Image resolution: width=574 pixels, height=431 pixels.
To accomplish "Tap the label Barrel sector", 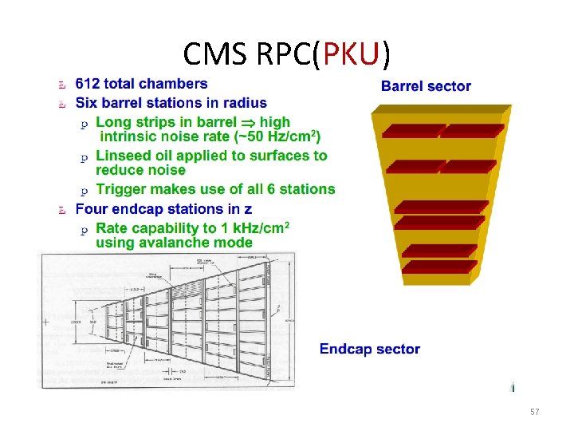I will tap(426, 86).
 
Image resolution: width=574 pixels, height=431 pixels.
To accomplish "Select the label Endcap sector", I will tap(370, 349).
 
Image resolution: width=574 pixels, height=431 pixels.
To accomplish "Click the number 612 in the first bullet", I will tap(87, 83).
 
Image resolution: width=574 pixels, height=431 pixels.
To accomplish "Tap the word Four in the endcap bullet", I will tap(92, 209).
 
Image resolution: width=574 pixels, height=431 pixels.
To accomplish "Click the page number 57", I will tap(535, 412).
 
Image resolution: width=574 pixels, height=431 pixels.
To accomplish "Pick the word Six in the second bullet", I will tap(86, 103).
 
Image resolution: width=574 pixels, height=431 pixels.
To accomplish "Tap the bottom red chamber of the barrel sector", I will tap(441, 279).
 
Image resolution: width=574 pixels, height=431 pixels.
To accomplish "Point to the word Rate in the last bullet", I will tap(112, 228).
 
